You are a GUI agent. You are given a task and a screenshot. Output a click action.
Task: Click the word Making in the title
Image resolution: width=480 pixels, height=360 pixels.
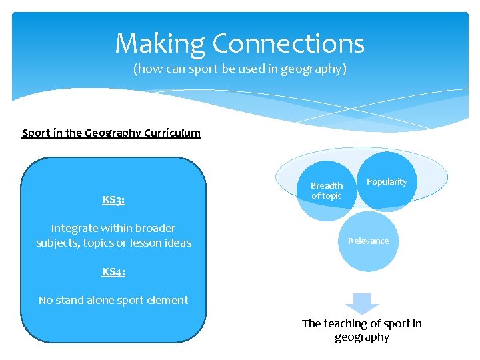point(160,44)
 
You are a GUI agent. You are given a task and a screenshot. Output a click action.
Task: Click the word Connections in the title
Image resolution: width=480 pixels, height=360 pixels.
point(288,44)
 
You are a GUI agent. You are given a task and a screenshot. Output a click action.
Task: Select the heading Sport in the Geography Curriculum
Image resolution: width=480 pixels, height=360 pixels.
point(111,133)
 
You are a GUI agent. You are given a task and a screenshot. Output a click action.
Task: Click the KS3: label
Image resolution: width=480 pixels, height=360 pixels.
point(113,199)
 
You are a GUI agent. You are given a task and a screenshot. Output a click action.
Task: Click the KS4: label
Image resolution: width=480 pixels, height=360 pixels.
point(113,271)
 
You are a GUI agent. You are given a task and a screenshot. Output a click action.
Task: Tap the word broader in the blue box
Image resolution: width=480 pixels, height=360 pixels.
point(155,228)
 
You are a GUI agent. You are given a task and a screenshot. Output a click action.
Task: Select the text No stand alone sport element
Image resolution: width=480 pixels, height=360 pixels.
point(113,300)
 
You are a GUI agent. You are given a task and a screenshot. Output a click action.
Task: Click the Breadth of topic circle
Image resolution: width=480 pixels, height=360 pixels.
point(327,191)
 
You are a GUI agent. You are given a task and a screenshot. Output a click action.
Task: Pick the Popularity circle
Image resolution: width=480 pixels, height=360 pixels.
point(387,182)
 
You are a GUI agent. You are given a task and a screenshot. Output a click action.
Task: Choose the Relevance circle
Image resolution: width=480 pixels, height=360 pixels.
point(368,241)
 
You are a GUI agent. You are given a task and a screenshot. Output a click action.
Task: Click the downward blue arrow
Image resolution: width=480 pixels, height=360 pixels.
point(362,303)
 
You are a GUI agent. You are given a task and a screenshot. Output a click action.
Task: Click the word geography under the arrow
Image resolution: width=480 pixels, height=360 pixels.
point(362,337)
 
